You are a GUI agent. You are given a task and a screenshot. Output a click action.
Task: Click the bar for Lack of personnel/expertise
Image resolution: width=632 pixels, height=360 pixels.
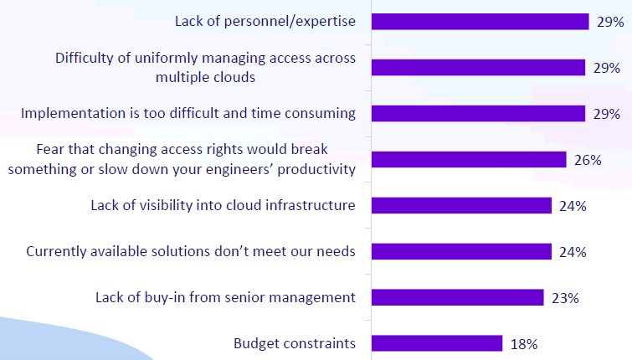tap(480, 22)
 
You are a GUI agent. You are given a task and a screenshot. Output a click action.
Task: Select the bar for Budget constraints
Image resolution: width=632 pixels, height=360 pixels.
tap(437, 343)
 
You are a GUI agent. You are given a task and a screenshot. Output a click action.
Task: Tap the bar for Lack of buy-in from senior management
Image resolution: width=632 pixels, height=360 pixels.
tap(458, 297)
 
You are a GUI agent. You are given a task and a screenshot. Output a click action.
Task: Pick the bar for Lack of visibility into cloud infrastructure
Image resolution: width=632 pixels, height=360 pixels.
tap(461, 205)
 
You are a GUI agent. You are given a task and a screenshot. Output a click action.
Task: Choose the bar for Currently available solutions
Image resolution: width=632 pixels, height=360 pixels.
tap(461, 251)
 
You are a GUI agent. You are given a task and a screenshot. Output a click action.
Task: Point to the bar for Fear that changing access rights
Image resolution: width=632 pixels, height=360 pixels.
tap(469, 159)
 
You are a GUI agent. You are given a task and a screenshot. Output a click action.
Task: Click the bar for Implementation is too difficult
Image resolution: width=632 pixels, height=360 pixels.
tap(479, 113)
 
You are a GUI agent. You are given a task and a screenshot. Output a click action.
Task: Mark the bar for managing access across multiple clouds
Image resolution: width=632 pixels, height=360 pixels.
tap(479, 67)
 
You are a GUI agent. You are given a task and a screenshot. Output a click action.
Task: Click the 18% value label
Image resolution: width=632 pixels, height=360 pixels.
tap(524, 344)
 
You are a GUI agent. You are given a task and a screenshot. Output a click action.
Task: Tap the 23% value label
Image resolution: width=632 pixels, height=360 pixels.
tap(565, 298)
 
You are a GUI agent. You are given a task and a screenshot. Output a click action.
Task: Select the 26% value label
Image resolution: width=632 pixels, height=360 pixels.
tap(588, 160)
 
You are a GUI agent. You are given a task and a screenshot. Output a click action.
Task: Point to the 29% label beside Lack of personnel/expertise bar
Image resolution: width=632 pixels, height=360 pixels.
tap(610, 22)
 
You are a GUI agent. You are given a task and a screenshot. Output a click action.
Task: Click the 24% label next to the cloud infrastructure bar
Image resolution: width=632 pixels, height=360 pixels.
tap(573, 206)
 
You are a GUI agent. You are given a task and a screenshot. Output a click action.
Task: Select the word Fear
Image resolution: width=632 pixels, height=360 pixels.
tap(51, 149)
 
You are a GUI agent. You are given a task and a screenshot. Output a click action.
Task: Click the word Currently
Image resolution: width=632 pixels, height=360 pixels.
tap(56, 252)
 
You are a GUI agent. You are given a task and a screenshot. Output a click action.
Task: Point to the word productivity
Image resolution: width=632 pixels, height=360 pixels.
tap(316, 170)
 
